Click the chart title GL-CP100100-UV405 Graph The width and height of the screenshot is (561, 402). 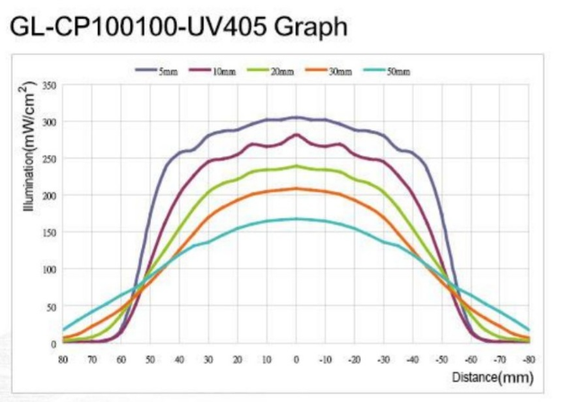tap(177, 27)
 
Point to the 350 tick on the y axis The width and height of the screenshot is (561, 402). tap(49, 85)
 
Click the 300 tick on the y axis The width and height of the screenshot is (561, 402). tap(49, 122)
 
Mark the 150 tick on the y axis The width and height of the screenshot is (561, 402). tap(49, 232)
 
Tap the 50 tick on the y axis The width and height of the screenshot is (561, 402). tap(51, 306)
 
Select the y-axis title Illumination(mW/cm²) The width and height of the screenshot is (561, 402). tap(30, 149)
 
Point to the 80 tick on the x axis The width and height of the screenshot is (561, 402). tap(64, 358)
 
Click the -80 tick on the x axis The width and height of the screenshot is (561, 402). tap(529, 358)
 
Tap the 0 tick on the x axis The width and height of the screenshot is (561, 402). tap(296, 358)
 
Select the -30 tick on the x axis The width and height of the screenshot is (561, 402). tap(383, 358)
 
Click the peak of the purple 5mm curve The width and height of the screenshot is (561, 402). tap(296, 118)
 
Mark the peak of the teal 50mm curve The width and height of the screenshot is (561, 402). tap(296, 218)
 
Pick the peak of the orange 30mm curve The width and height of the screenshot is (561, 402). tap(296, 188)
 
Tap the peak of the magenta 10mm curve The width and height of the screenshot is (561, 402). tap(296, 135)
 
